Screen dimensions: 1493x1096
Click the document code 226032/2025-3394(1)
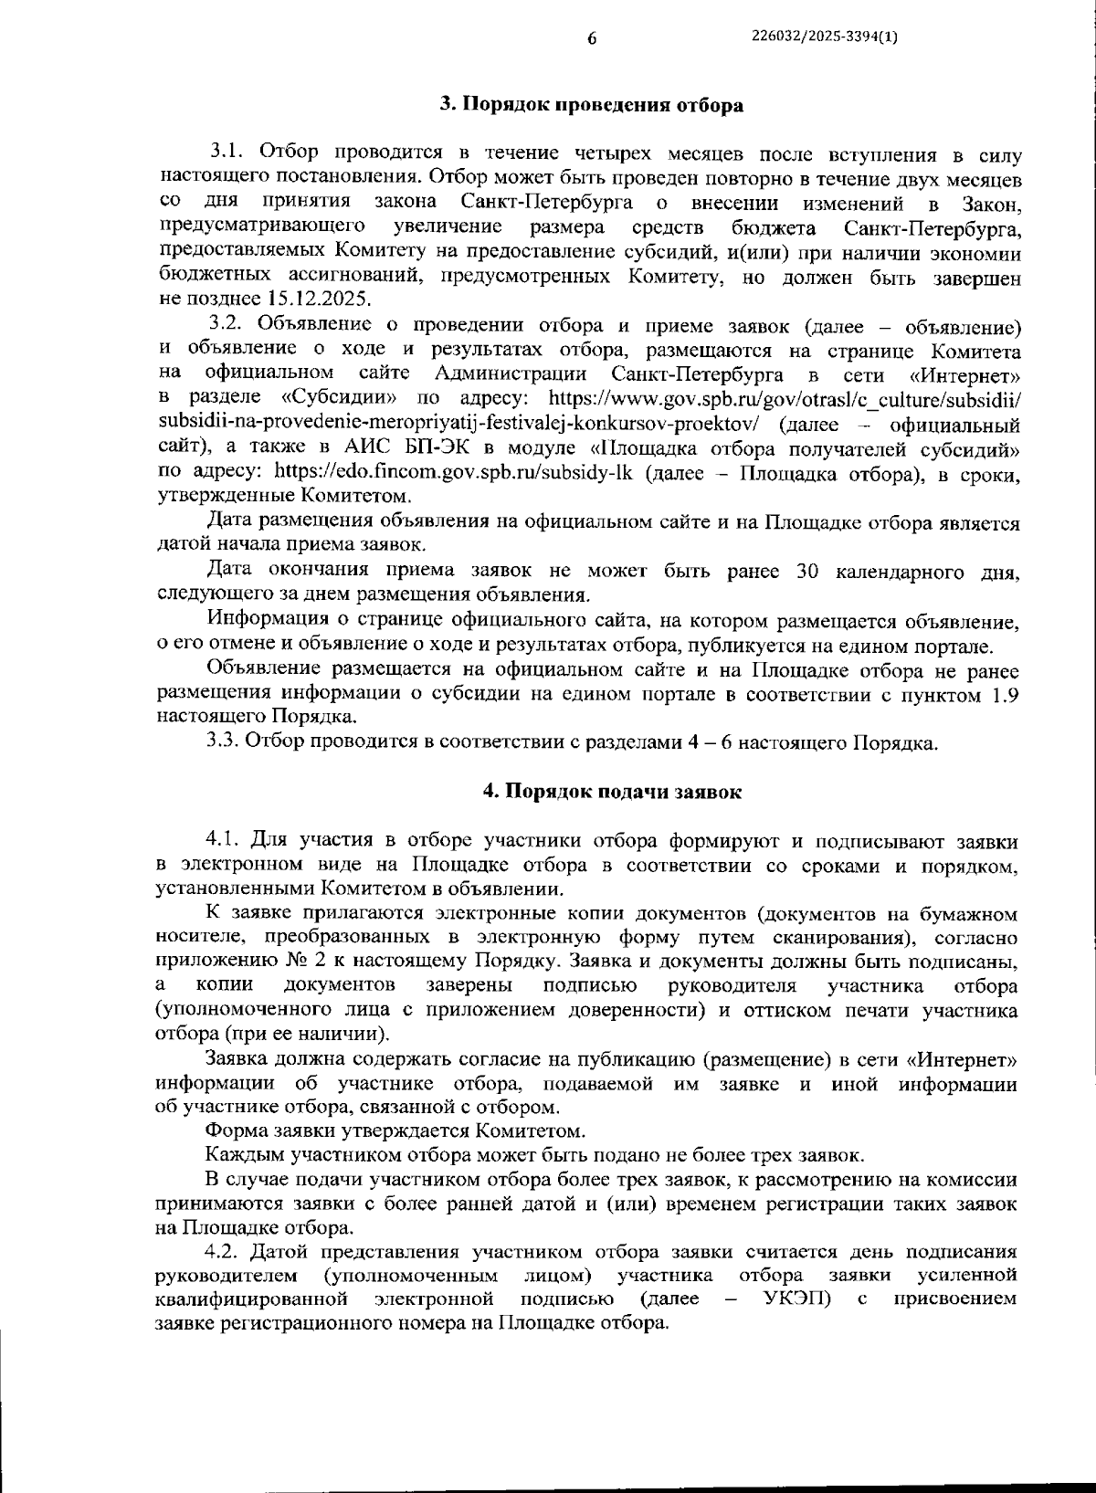(x=825, y=37)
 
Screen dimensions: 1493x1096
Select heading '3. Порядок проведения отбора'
(x=592, y=105)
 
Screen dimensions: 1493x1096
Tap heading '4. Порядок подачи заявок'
(x=612, y=792)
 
